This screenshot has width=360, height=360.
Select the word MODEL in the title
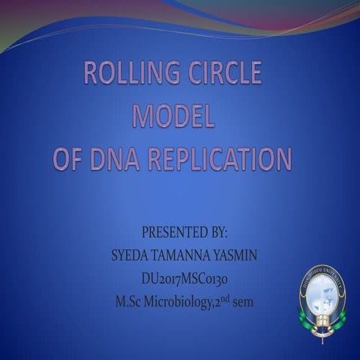click(x=173, y=116)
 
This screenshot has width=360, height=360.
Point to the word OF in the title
click(x=70, y=159)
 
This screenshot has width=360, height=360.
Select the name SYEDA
click(x=130, y=256)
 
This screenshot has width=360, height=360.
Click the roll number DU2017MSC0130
click(x=184, y=280)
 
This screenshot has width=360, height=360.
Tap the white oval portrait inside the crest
click(x=322, y=292)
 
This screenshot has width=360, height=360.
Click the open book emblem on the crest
click(x=322, y=322)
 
